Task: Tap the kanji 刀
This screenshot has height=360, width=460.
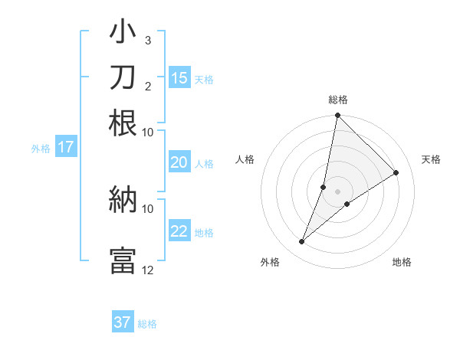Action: pyautogui.click(x=123, y=77)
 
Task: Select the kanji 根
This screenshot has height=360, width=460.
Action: pyautogui.click(x=123, y=123)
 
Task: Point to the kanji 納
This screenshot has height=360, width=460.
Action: pyautogui.click(x=123, y=199)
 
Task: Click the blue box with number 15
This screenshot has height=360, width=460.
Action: pyautogui.click(x=179, y=78)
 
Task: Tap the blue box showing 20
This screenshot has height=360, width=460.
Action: pyautogui.click(x=179, y=162)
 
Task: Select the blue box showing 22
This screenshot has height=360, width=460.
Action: pyautogui.click(x=179, y=231)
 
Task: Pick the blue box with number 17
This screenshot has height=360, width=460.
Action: pyautogui.click(x=66, y=147)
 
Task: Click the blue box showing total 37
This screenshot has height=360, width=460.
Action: pyautogui.click(x=123, y=322)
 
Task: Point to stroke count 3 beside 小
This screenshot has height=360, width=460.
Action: pyautogui.click(x=148, y=40)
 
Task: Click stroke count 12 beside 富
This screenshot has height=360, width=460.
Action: pyautogui.click(x=148, y=270)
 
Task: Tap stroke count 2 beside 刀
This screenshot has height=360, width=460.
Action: pyautogui.click(x=148, y=86)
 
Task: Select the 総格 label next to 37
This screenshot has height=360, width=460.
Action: pyautogui.click(x=147, y=324)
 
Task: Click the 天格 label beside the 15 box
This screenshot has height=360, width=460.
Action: pyautogui.click(x=204, y=80)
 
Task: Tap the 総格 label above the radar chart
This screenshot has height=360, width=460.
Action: pyautogui.click(x=337, y=100)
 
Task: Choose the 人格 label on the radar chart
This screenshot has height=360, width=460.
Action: pyautogui.click(x=245, y=159)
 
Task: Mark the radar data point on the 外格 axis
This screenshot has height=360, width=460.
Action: pyautogui.click(x=302, y=242)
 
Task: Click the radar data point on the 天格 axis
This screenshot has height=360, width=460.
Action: pyautogui.click(x=396, y=173)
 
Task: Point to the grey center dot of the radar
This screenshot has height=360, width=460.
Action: pyautogui.click(x=337, y=191)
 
